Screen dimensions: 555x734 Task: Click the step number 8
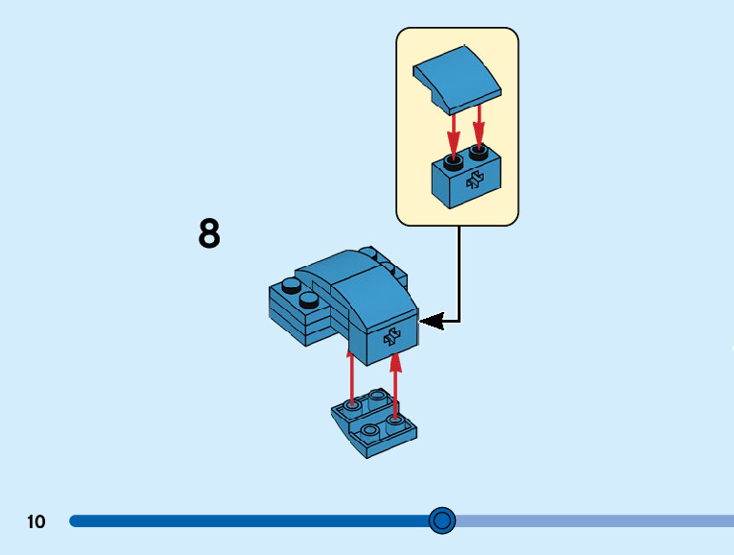(x=209, y=233)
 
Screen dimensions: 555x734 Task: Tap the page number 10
(x=36, y=521)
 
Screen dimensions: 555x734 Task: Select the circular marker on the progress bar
(x=441, y=520)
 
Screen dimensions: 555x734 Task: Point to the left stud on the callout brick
(x=453, y=157)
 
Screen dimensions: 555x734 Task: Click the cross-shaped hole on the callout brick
(x=475, y=179)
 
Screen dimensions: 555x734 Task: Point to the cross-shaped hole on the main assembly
(x=391, y=335)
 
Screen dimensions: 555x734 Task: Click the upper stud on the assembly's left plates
(x=290, y=284)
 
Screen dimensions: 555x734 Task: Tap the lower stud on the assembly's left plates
(x=309, y=300)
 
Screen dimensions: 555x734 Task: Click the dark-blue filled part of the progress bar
(x=240, y=520)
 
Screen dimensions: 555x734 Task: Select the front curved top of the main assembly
(x=376, y=298)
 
